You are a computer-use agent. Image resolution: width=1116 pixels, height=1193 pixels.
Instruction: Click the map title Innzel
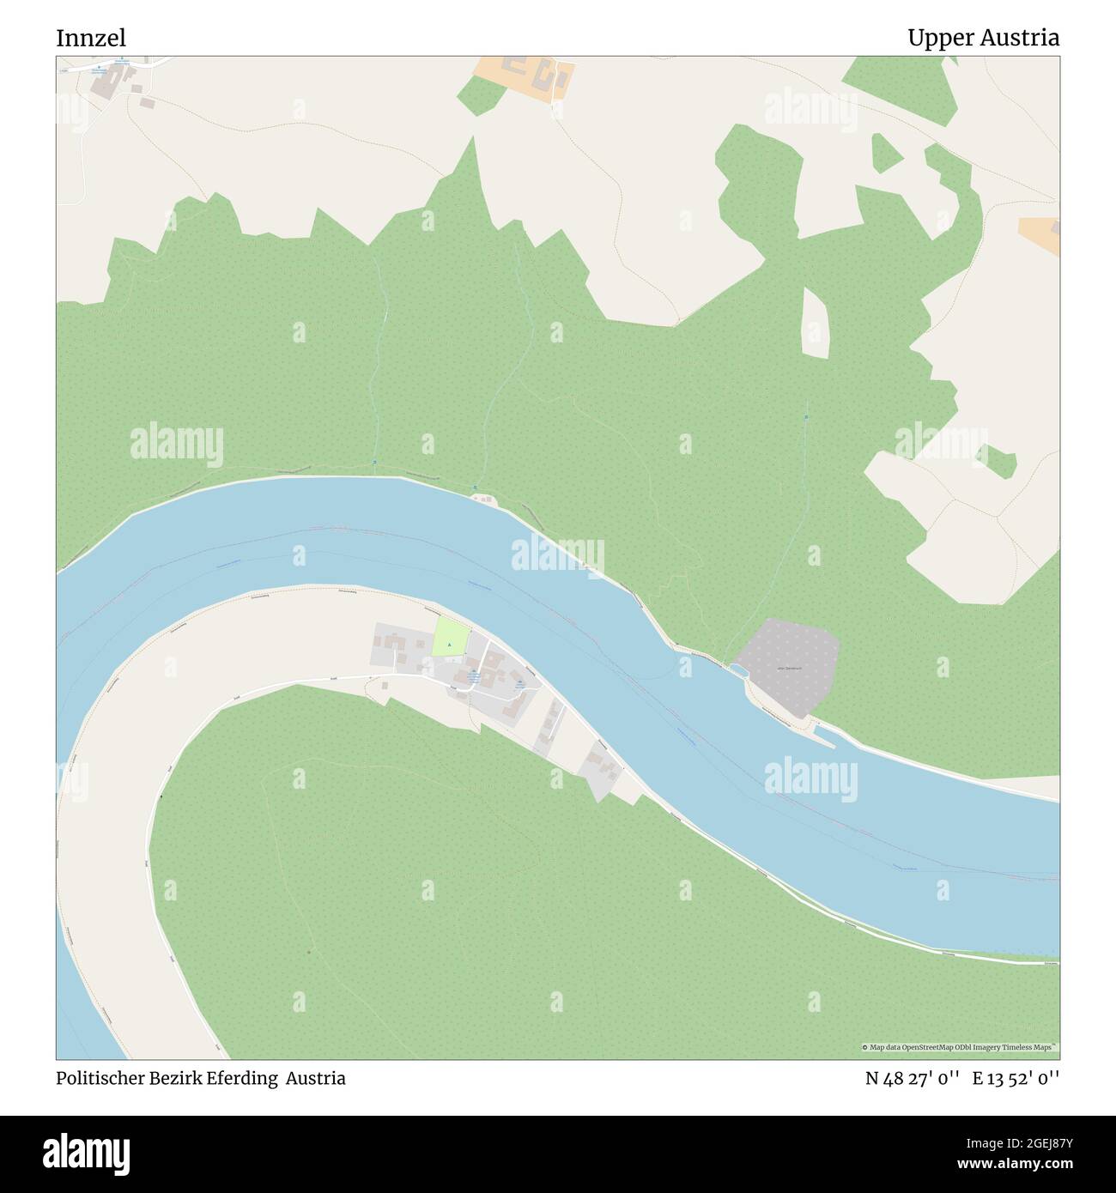(91, 38)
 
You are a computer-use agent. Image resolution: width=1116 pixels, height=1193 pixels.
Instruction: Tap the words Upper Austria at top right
(983, 38)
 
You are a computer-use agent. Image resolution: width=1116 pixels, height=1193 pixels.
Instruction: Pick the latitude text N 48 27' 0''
(914, 1079)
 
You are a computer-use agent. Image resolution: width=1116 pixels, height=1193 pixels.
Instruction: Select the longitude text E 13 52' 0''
(1016, 1079)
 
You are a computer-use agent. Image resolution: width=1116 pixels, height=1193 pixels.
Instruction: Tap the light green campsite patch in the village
(451, 638)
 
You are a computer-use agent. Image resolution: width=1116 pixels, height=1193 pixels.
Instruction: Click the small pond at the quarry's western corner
(737, 669)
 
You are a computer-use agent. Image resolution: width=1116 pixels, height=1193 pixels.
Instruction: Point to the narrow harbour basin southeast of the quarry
(825, 735)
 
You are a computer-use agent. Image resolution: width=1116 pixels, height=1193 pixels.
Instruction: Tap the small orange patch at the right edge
(1041, 234)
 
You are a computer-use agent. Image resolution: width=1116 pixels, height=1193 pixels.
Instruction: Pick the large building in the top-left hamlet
(110, 83)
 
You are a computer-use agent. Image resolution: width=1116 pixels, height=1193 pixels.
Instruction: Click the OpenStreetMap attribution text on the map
(960, 1047)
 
